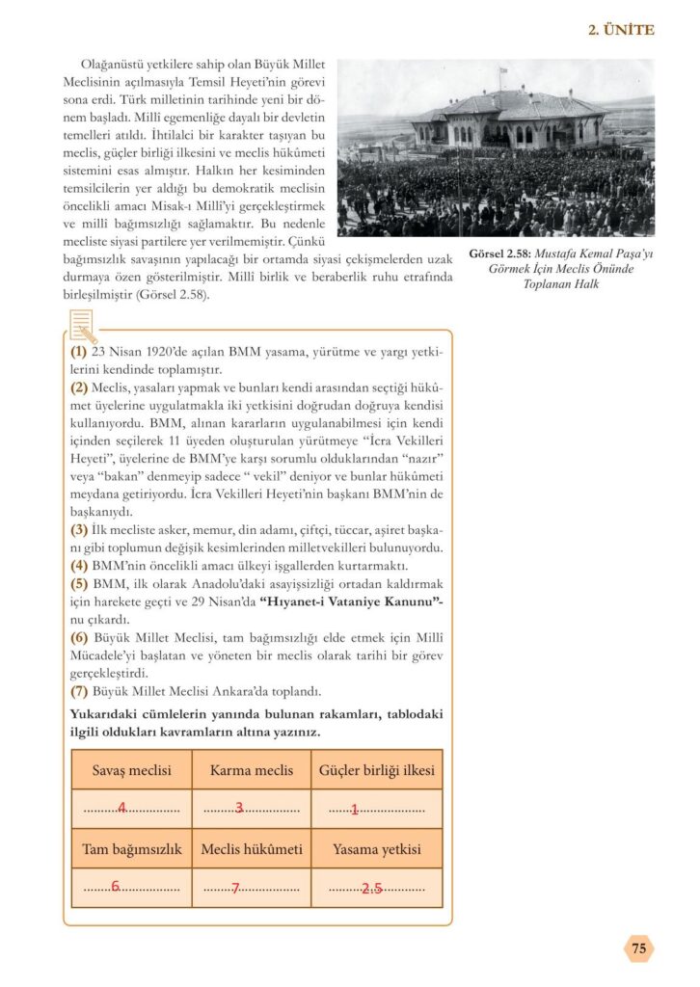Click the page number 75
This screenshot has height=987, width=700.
point(638,948)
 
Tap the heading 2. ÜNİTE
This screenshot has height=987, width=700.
point(621,30)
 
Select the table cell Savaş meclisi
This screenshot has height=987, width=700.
point(131,770)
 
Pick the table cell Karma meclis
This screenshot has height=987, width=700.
point(252,770)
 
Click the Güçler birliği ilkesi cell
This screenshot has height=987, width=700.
point(377,770)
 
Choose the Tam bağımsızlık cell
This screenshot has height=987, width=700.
point(131,849)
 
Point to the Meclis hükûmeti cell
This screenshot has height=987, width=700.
point(252,849)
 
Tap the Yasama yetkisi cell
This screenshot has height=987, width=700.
point(377,849)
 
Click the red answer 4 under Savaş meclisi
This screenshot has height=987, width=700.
point(121,808)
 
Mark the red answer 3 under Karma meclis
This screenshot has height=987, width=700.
point(239,808)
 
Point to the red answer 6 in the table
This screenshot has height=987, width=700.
point(115,887)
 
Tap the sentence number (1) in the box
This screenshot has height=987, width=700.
point(79,353)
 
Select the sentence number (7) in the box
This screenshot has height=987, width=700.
point(79,691)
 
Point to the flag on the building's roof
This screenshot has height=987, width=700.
point(502,72)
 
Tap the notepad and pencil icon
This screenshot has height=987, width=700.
point(82,326)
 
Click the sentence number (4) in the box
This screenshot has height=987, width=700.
point(79,566)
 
